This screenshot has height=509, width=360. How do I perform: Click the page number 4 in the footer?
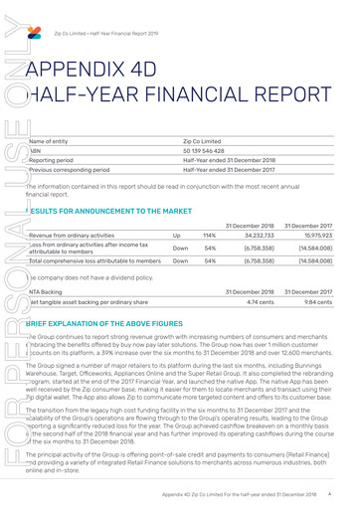point(344,495)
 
